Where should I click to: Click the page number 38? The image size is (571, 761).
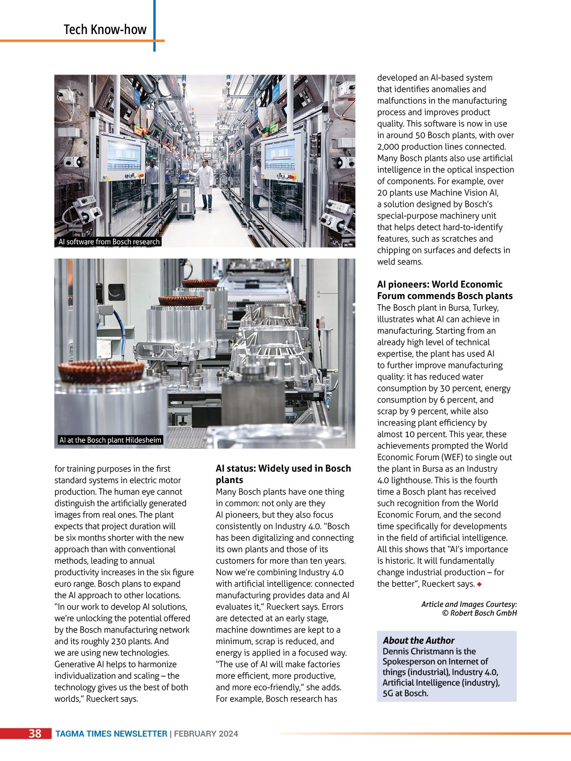[x=35, y=733]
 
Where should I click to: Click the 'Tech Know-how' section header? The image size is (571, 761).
[x=105, y=29]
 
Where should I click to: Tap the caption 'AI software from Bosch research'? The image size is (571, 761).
[x=109, y=242]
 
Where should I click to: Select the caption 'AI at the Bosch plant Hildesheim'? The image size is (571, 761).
[x=111, y=440]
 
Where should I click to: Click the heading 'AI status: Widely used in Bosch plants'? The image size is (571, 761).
[x=283, y=474]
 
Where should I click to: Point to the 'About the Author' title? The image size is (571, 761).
[x=419, y=640]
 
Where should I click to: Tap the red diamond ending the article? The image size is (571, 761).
[x=479, y=584]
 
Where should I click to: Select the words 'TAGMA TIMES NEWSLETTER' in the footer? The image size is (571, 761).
[x=111, y=734]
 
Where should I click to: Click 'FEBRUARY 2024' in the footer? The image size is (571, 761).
[x=206, y=734]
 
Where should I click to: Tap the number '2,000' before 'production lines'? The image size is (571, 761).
[x=390, y=147]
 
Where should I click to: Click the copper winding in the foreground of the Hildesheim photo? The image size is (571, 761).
[x=101, y=371]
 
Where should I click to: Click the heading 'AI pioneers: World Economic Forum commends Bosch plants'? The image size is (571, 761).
[x=444, y=290]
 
